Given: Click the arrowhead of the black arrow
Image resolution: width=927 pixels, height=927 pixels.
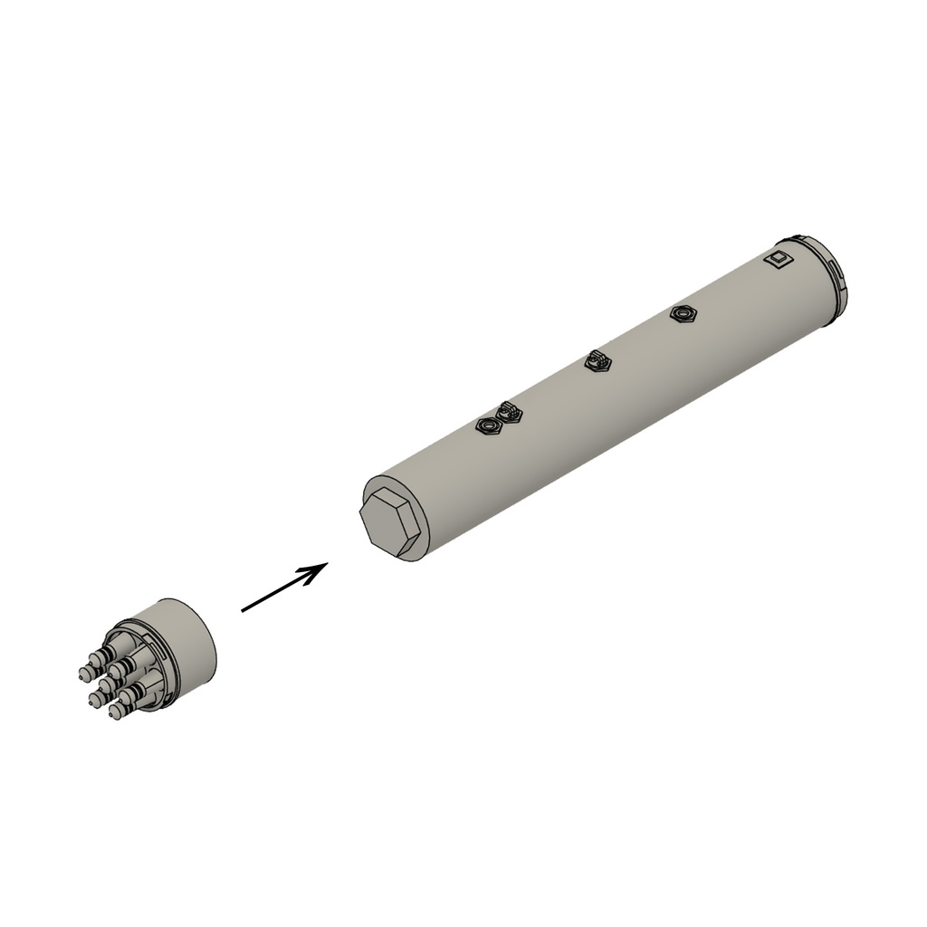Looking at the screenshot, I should tap(321, 567).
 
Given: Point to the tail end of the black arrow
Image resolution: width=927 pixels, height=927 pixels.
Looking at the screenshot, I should tap(243, 611).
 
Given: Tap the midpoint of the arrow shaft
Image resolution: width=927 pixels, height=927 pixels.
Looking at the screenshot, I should tap(281, 589).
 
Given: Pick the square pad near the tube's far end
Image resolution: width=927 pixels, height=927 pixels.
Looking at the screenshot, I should tap(778, 259).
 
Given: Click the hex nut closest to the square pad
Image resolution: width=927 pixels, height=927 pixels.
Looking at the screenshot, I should tap(683, 314).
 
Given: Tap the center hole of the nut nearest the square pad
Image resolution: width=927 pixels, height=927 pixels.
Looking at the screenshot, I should tap(683, 314).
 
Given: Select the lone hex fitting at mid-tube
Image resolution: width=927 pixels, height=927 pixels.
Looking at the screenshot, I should tap(597, 361).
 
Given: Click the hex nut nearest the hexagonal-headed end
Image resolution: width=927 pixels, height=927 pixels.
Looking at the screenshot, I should tap(489, 425).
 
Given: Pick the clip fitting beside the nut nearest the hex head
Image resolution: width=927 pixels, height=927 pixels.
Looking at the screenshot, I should tap(510, 412).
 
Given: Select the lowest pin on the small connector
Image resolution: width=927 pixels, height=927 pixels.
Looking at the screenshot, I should tap(116, 712).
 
